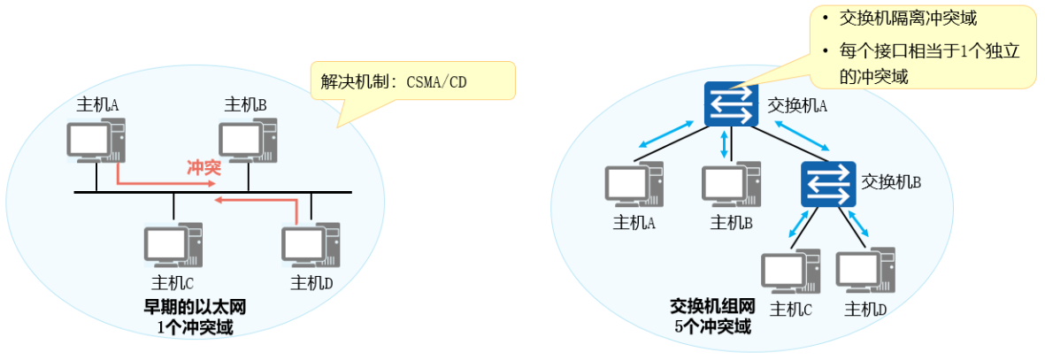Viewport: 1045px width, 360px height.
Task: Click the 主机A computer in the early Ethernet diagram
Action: tap(95, 141)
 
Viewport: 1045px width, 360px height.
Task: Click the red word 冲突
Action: tap(203, 166)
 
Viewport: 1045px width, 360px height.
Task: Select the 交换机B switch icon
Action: tap(828, 184)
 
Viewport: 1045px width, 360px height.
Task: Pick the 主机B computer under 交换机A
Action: tap(731, 185)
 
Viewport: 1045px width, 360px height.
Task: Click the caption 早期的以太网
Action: tap(194, 310)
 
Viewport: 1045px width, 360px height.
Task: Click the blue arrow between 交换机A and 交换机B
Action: tap(803, 135)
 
